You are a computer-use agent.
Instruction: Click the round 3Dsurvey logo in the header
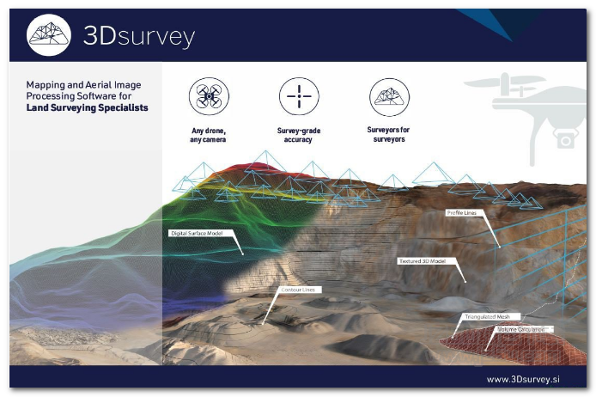click(49, 35)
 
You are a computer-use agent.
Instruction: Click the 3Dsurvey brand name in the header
click(139, 37)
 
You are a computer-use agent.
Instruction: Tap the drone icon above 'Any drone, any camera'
click(209, 96)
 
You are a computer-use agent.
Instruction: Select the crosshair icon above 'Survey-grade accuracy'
click(299, 96)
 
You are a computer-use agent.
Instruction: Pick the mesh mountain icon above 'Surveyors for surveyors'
click(389, 97)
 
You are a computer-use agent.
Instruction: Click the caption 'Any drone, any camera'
click(209, 135)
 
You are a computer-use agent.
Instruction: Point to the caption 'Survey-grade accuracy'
click(298, 135)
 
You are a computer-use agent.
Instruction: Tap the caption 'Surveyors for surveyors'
click(388, 134)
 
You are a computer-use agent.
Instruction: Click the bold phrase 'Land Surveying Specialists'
click(87, 107)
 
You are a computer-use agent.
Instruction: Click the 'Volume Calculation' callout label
click(523, 330)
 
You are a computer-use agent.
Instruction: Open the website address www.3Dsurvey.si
click(523, 379)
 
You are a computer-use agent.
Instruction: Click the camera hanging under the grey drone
click(566, 139)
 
